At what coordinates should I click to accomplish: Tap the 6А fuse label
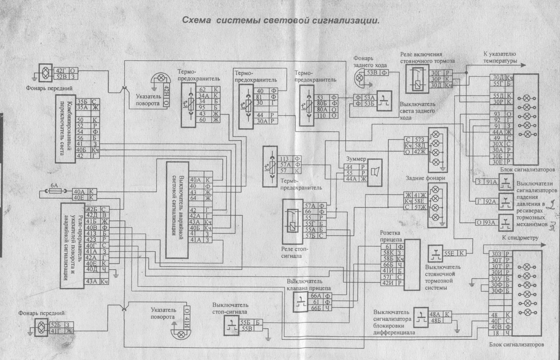[x=54, y=186]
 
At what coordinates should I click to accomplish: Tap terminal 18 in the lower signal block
[x=495, y=333]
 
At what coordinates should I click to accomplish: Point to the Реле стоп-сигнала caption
[x=296, y=252]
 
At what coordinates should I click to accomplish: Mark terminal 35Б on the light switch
[x=81, y=102]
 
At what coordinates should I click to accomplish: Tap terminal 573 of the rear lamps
[x=420, y=140]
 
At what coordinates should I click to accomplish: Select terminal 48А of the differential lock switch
[x=434, y=314]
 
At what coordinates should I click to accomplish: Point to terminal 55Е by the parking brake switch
[x=450, y=253]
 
